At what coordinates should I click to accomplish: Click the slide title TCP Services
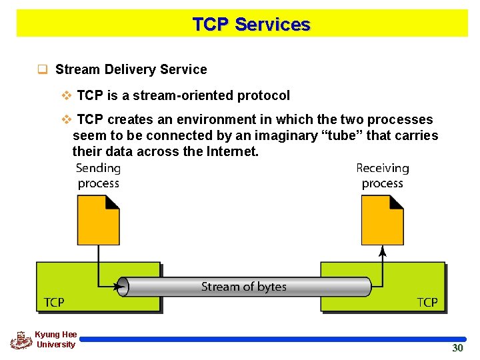click(251, 25)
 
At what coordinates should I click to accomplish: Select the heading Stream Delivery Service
click(131, 69)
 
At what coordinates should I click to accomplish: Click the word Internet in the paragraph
click(233, 152)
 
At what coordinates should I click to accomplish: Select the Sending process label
click(98, 176)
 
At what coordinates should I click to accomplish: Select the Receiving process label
click(382, 176)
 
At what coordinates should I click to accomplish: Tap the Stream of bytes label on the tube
click(244, 287)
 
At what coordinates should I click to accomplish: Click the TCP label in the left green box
click(54, 303)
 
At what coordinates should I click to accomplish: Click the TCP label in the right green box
click(427, 303)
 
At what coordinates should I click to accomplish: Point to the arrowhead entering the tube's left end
click(121, 287)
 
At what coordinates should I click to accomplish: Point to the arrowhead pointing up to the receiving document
click(382, 251)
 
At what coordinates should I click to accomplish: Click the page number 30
click(457, 348)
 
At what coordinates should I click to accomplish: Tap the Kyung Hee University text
click(56, 339)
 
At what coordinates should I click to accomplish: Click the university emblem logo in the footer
click(21, 340)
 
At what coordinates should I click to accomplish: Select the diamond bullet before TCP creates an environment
click(66, 120)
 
